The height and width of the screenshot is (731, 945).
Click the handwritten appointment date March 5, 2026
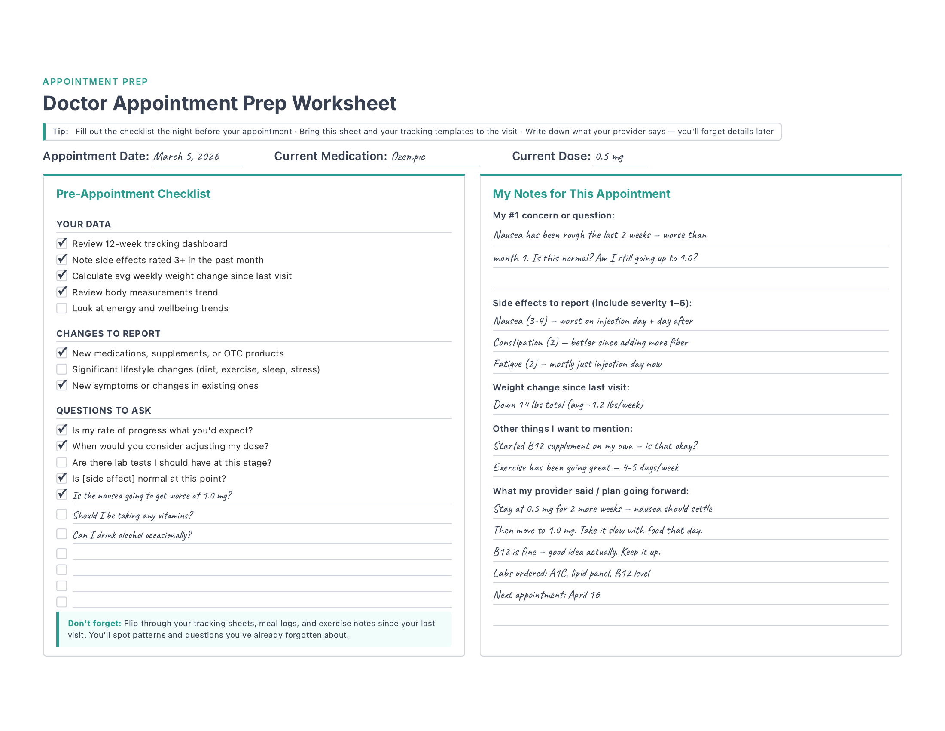(x=186, y=157)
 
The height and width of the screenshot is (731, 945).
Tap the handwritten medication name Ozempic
(x=408, y=157)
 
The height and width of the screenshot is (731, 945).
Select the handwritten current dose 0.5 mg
(x=609, y=157)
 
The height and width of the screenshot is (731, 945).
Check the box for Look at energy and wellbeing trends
(x=62, y=308)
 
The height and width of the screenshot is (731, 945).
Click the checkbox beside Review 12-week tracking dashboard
(x=62, y=243)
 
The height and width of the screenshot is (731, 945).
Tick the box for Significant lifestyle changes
(x=62, y=369)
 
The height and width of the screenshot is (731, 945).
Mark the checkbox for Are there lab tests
(x=62, y=463)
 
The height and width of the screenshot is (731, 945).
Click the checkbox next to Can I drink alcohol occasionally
(x=62, y=534)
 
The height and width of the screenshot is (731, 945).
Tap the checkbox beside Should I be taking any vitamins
(x=62, y=514)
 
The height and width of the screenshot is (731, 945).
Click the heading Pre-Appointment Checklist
(x=133, y=194)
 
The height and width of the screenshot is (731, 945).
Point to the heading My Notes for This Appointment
(x=581, y=194)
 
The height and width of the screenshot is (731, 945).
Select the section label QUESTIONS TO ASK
(x=104, y=411)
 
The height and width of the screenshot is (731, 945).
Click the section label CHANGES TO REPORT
(x=108, y=333)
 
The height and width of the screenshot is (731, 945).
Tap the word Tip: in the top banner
(x=60, y=132)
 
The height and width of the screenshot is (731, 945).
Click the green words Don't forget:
(x=94, y=623)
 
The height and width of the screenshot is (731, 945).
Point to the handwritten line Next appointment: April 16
(x=546, y=595)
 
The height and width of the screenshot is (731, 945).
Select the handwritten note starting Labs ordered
(x=571, y=573)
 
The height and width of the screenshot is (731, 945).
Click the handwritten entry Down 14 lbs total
(x=568, y=405)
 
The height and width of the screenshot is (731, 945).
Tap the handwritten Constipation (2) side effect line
(x=590, y=343)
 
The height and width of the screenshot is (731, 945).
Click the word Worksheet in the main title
(x=344, y=104)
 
